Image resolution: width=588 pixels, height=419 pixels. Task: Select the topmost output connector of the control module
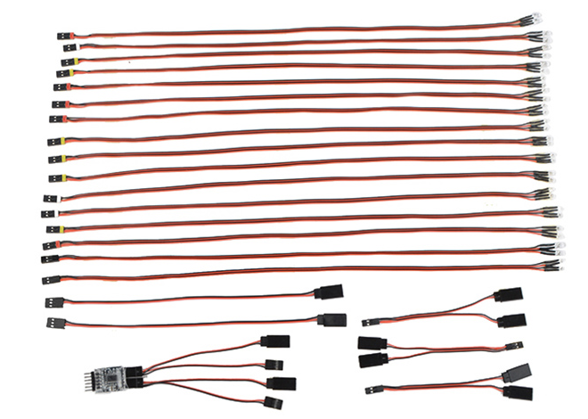click(x=275, y=341)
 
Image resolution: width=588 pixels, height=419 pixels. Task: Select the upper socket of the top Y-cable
click(x=510, y=295)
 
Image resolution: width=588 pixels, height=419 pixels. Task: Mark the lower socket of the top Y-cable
click(x=511, y=319)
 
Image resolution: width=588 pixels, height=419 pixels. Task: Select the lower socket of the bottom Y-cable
click(x=519, y=390)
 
